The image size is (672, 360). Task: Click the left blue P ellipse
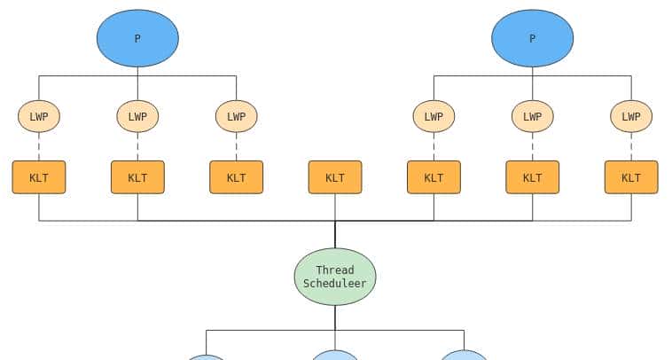(137, 38)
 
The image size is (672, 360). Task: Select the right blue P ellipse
(532, 38)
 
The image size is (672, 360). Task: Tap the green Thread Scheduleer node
(335, 277)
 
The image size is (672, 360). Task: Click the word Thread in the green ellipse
(335, 270)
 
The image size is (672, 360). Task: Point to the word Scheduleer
(335, 284)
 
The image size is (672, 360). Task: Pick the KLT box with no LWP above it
(335, 177)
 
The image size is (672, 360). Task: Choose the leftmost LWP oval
(39, 116)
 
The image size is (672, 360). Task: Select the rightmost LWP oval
(631, 116)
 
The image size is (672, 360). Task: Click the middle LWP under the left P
(137, 116)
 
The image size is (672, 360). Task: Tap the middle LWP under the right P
(532, 116)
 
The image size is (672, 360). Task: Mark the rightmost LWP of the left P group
(236, 116)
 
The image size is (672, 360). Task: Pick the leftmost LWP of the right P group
(434, 116)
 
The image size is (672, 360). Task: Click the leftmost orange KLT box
(39, 177)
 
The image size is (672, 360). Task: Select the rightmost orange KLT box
(631, 177)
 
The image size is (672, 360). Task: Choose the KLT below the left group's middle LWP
(137, 177)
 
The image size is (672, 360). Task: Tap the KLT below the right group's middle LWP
(532, 177)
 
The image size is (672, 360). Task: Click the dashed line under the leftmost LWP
(39, 146)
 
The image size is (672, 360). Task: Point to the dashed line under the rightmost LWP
(631, 146)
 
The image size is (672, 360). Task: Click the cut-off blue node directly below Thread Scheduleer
(335, 356)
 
